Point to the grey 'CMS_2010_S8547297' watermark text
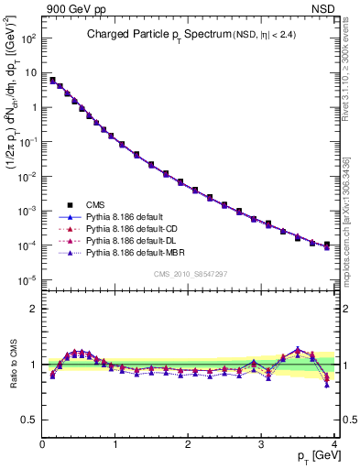click(190, 274)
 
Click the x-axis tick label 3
click(262, 444)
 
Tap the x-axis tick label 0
click(43, 444)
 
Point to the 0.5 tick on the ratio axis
click(29, 420)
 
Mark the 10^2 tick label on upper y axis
click(27, 38)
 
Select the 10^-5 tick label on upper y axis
click(27, 280)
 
